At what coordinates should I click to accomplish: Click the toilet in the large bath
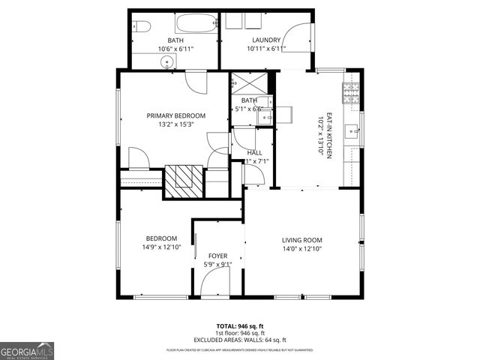point(142,27)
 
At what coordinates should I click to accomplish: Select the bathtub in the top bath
point(193,23)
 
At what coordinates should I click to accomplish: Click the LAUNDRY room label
point(266,40)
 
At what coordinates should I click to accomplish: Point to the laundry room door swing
point(298,36)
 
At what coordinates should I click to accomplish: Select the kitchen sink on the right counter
point(350,133)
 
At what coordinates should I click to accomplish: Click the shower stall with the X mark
point(244,82)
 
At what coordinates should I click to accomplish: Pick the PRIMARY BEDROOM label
point(176,115)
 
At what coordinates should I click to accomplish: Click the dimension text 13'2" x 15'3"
point(176,124)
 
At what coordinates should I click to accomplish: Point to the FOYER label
point(218,256)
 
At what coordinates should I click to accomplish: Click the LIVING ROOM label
point(301,240)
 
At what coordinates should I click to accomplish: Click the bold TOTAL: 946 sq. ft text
point(239,326)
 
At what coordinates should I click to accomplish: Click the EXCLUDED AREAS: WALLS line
point(239,338)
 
